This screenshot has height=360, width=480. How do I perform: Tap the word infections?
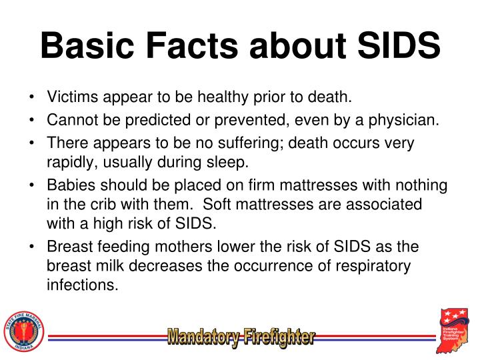pyautogui.click(x=83, y=286)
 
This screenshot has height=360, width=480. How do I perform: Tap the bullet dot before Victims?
pyautogui.click(x=33, y=98)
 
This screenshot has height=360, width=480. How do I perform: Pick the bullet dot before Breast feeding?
pyautogui.click(x=33, y=247)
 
